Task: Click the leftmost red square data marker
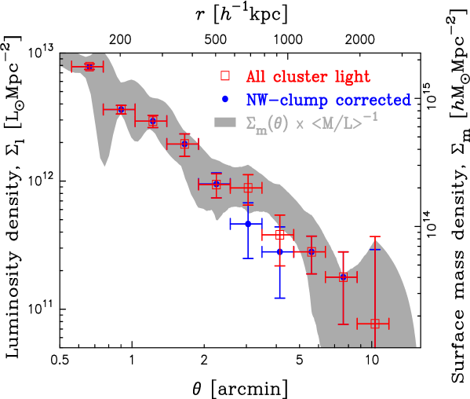tap(89, 67)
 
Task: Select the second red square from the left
tap(121, 109)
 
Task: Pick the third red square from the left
tap(152, 120)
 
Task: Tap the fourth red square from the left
tap(184, 144)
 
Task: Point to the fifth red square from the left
tap(216, 184)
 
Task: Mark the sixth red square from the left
tap(248, 188)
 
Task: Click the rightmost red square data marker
tap(374, 323)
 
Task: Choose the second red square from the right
tap(343, 276)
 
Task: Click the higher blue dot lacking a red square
tap(248, 224)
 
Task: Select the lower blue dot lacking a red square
tap(280, 251)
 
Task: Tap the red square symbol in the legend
tap(225, 76)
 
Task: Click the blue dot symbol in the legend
tap(225, 100)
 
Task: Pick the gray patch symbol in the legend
tap(225, 123)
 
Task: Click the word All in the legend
tap(257, 77)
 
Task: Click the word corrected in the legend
tap(373, 101)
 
